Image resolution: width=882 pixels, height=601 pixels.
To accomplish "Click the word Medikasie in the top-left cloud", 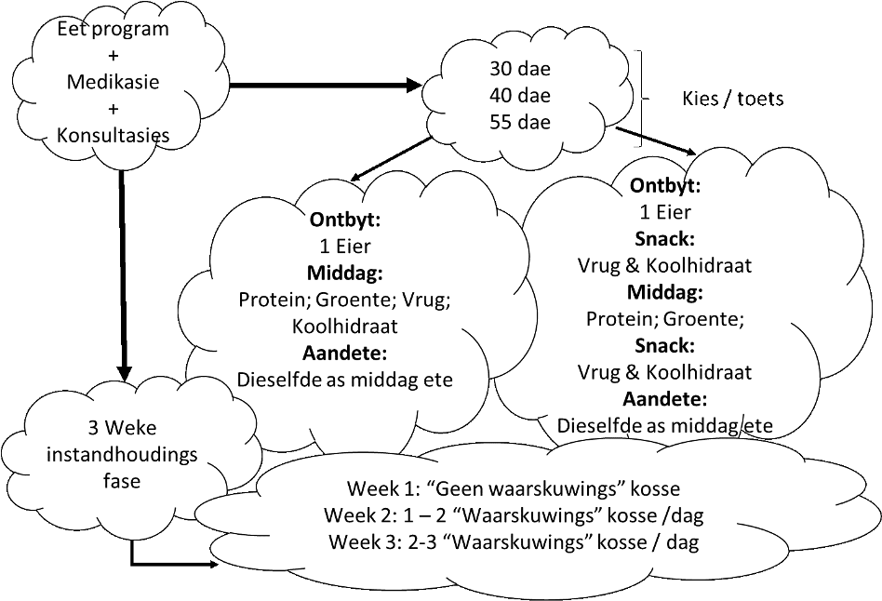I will tap(113, 82).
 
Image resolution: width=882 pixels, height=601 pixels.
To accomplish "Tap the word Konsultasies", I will tap(113, 135).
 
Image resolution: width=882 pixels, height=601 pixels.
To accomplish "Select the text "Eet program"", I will tap(113, 29).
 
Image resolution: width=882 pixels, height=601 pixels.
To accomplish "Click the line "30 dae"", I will tap(519, 69).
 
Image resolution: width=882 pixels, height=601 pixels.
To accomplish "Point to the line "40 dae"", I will tap(519, 95).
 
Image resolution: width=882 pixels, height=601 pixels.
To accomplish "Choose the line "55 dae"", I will tap(519, 122).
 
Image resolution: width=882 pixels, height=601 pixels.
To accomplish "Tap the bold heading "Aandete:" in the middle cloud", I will tap(344, 354).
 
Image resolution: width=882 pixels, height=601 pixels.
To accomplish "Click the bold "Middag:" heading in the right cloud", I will tap(664, 292).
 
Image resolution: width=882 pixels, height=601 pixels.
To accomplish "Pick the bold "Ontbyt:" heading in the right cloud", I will tap(664, 186).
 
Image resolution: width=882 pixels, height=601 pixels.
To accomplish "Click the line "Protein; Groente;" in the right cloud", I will tap(664, 318).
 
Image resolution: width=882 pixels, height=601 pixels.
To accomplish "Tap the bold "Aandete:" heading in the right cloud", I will tap(664, 399).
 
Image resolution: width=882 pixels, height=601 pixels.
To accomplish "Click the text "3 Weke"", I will tap(121, 430).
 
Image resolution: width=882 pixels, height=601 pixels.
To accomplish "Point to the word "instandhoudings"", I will tap(121, 456).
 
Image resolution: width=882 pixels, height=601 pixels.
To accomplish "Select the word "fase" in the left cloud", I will tap(121, 482).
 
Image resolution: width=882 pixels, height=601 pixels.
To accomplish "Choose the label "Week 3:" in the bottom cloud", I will tap(354, 542).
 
